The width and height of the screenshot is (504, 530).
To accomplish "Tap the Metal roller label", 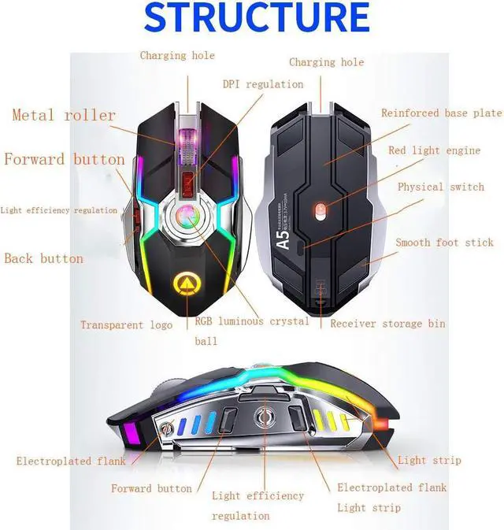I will pos(64,116).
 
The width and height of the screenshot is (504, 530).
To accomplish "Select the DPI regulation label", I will pos(262,84).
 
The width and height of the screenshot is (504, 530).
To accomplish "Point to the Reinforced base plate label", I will pos(441,113).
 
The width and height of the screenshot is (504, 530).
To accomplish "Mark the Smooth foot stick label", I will pos(444,243).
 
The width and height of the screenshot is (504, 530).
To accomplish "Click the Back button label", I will pos(43,258).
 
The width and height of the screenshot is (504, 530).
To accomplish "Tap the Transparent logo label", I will pos(126,324).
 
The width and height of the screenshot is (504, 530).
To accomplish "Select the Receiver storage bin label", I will pos(387,324).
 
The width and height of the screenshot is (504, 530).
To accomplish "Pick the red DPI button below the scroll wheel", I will pos(187,183).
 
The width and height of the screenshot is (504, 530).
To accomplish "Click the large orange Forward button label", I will pos(65,160).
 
